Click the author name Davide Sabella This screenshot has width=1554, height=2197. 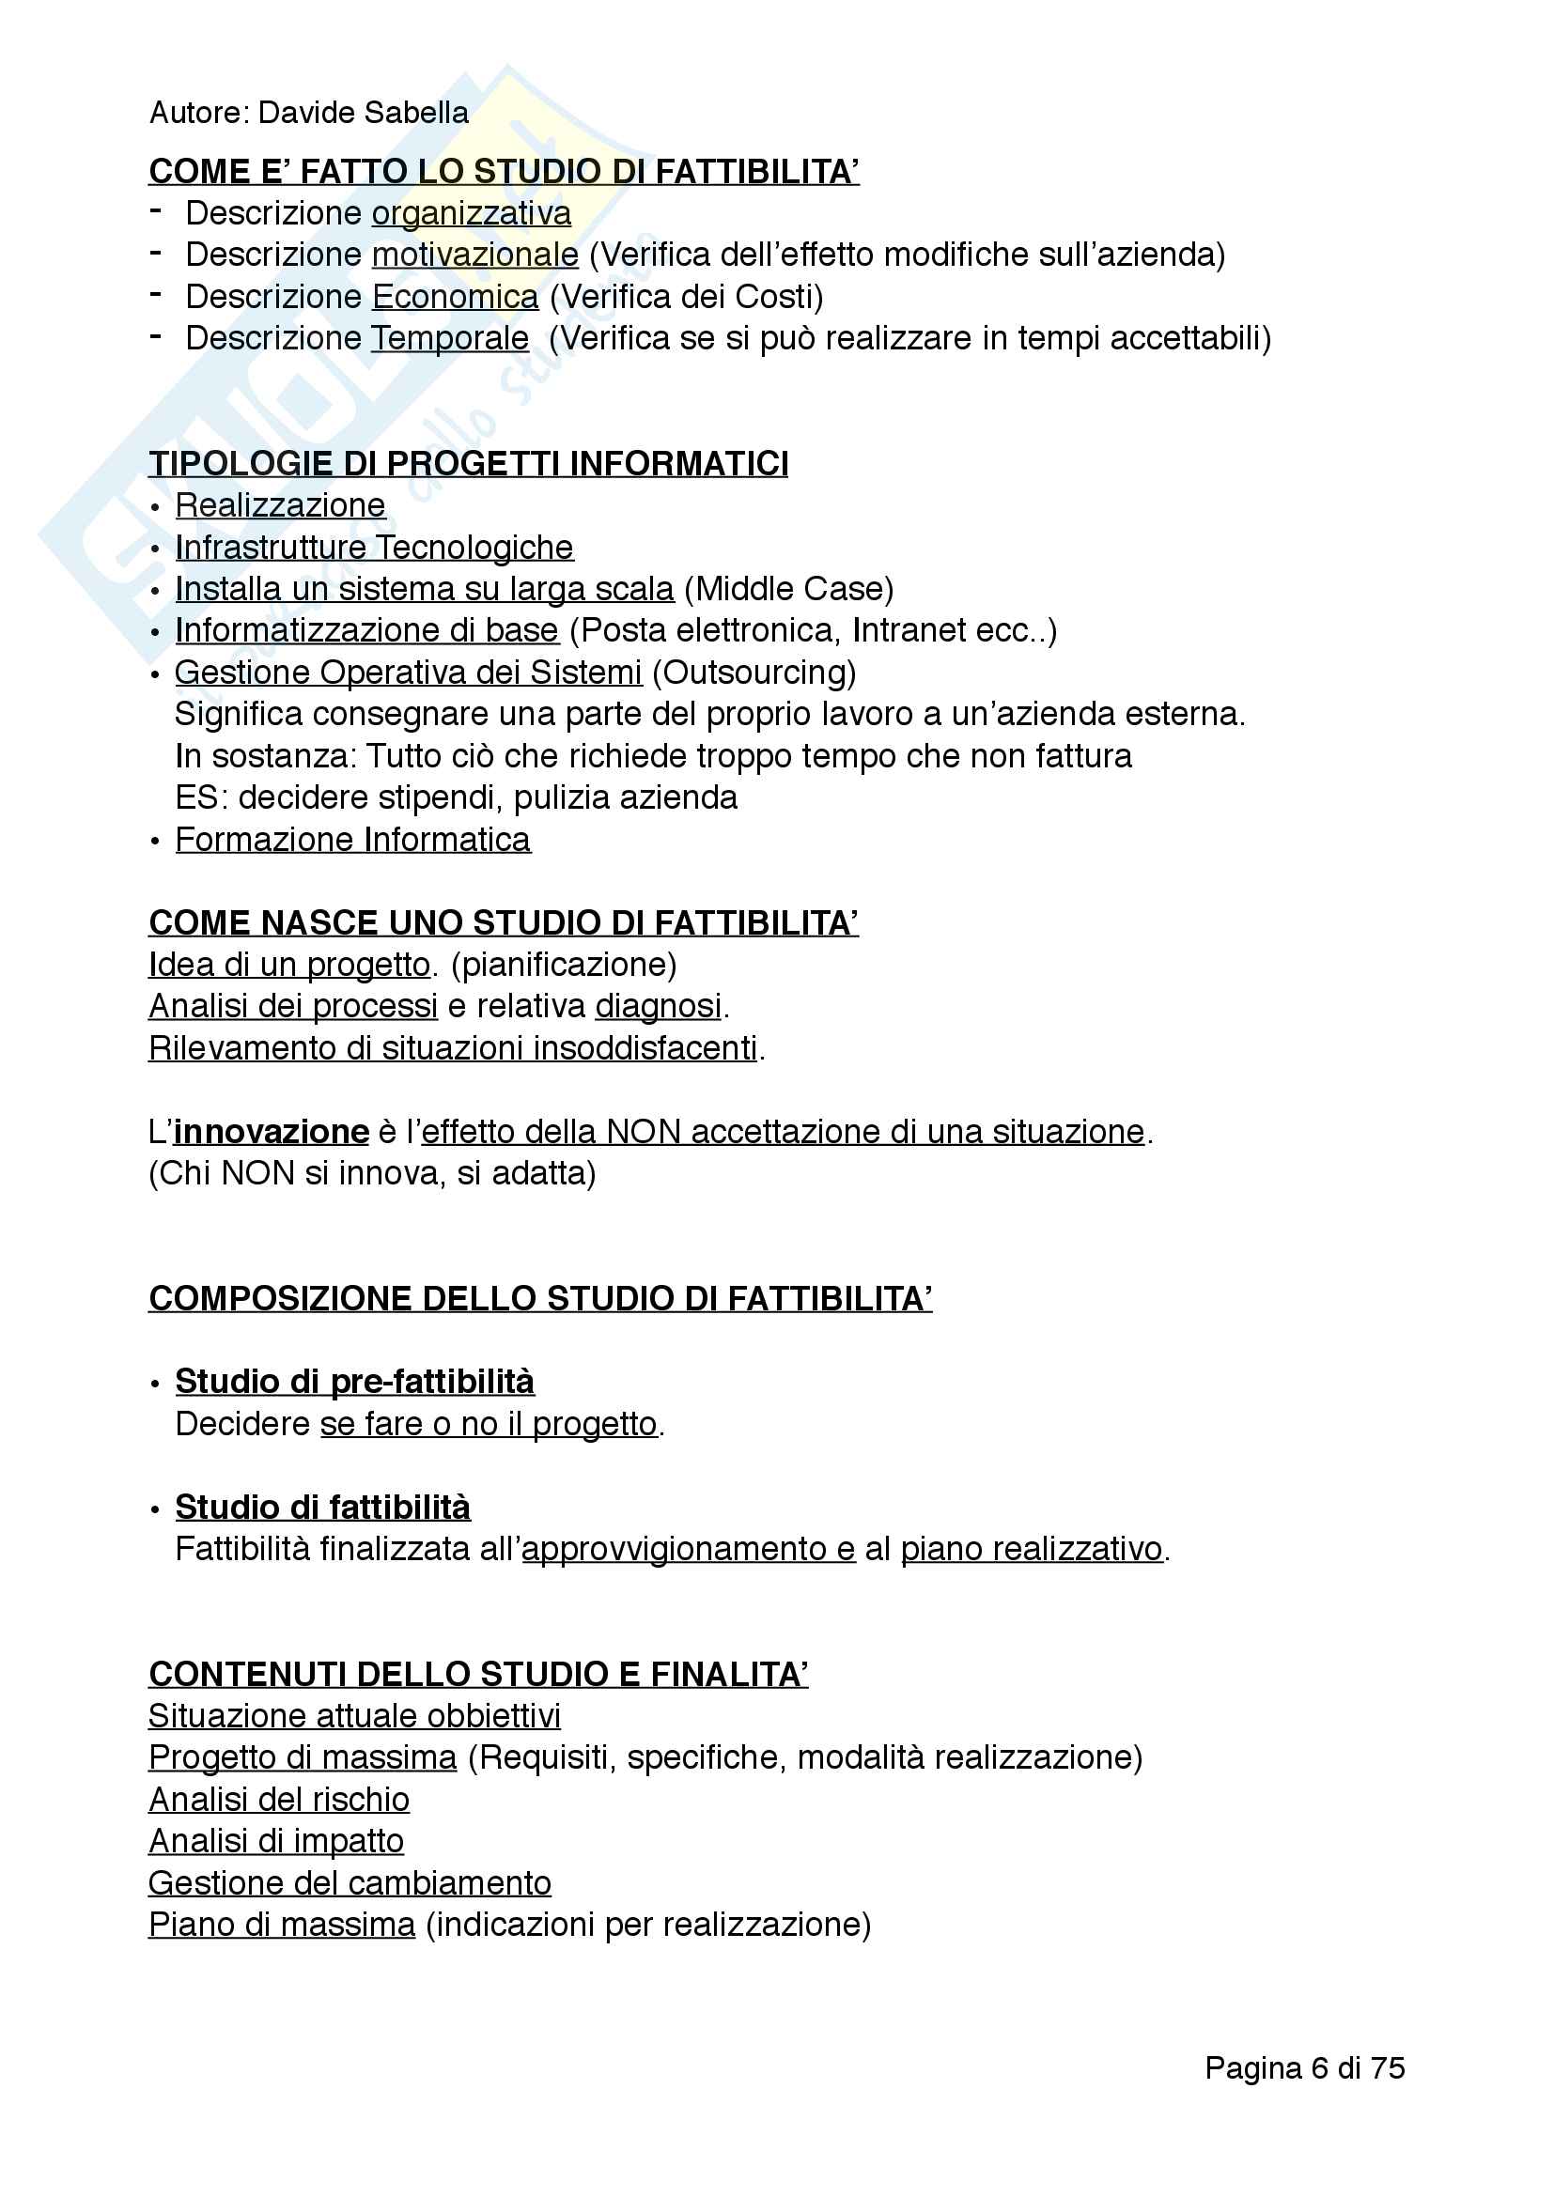click(363, 113)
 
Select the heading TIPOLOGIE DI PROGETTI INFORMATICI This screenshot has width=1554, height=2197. click(468, 464)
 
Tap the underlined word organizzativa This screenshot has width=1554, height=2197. click(471, 213)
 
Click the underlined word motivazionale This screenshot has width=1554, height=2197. click(474, 255)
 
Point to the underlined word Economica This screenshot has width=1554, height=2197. click(455, 298)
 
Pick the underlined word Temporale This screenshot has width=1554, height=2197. click(450, 339)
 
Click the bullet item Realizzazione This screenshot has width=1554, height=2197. click(280, 506)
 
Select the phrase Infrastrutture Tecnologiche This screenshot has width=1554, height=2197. click(374, 549)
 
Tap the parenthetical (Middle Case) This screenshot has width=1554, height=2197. click(788, 590)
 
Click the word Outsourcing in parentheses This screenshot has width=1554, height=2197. click(754, 673)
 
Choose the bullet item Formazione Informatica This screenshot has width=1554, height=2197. click(352, 840)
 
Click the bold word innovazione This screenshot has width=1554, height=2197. click(271, 1132)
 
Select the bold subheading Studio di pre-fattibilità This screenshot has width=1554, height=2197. click(354, 1382)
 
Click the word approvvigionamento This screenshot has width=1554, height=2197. click(674, 1549)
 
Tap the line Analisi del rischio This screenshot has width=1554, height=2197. click(278, 1800)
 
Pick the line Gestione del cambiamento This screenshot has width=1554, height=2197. click(350, 1883)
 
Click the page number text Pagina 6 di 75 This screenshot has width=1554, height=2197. click(1304, 2067)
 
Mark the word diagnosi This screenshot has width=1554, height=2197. click(659, 1007)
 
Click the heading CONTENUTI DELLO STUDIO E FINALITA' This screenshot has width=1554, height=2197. click(477, 1675)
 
